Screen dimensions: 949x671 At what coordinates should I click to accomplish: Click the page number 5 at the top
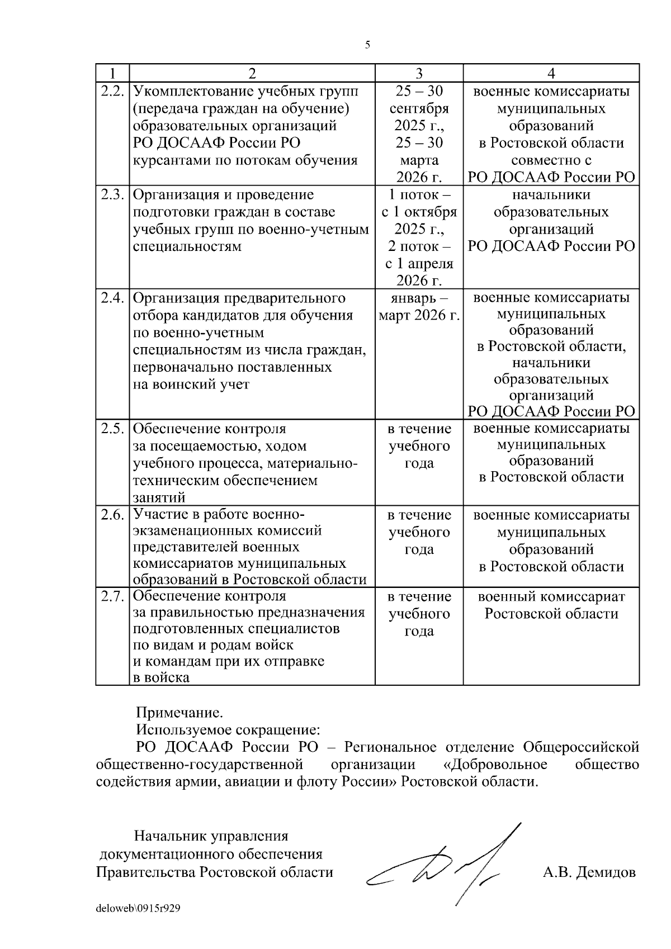[x=367, y=45]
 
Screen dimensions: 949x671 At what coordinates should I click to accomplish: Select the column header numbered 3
[x=419, y=73]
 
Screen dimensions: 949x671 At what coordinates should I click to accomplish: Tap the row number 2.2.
[x=112, y=91]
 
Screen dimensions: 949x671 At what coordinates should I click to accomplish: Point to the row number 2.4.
[x=112, y=298]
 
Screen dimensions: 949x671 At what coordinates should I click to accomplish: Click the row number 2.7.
[x=112, y=596]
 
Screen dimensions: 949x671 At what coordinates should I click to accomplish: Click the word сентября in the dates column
[x=419, y=108]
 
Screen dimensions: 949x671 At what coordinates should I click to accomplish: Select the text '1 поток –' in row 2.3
[x=419, y=194]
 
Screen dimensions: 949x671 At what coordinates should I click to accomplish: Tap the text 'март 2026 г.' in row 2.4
[x=419, y=316]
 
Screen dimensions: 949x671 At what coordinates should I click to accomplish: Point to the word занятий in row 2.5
[x=159, y=497]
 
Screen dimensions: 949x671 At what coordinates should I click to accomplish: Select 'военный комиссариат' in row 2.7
[x=551, y=596]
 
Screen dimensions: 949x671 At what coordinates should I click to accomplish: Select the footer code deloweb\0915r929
[x=138, y=909]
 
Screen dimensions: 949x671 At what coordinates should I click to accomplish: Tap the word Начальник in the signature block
[x=170, y=837]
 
